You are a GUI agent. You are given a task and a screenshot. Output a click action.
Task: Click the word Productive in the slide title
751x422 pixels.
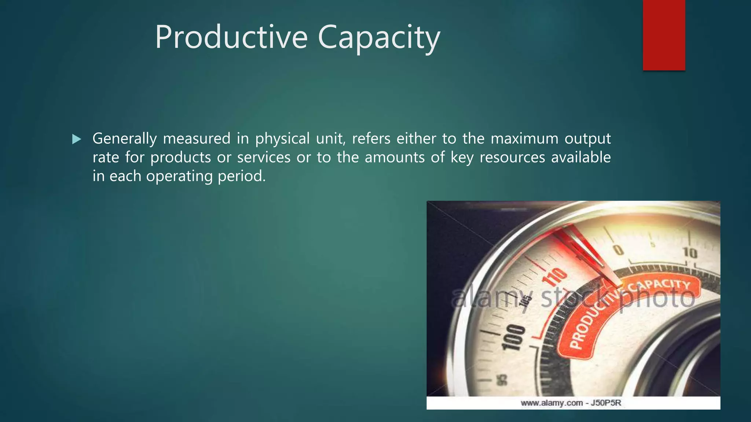tap(231, 37)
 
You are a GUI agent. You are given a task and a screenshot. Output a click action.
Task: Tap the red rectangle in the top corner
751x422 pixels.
tap(664, 35)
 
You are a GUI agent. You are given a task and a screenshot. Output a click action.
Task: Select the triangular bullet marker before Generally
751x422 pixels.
tap(77, 139)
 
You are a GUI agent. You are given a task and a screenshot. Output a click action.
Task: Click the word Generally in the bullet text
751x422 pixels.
tap(125, 139)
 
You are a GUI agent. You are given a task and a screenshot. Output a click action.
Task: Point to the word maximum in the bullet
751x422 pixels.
tap(524, 138)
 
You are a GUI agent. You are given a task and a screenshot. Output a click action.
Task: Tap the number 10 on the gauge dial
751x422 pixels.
tap(690, 252)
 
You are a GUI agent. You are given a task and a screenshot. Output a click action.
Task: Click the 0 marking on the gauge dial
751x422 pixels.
tap(619, 250)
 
